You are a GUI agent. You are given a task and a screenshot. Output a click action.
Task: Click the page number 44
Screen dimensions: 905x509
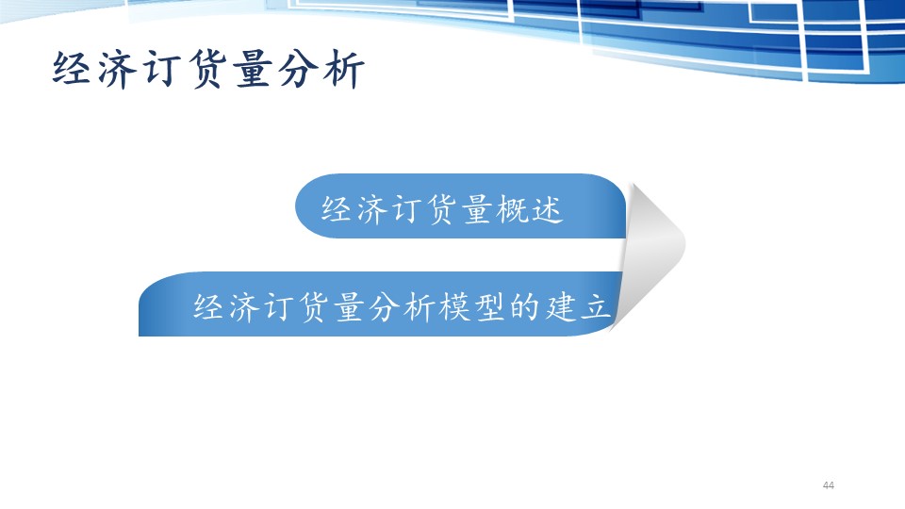(x=829, y=485)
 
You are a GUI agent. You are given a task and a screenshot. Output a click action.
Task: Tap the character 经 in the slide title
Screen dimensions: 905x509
(x=72, y=69)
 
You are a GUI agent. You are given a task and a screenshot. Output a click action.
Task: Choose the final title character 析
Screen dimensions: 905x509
(x=344, y=69)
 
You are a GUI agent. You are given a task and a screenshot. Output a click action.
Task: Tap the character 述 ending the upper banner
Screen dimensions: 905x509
(x=547, y=209)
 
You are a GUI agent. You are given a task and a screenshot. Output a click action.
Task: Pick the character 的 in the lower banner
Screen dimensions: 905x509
(x=525, y=306)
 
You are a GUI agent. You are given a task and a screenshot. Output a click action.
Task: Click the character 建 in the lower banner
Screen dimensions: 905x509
(x=560, y=306)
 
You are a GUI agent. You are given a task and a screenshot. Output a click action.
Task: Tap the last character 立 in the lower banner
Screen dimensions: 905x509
(x=596, y=306)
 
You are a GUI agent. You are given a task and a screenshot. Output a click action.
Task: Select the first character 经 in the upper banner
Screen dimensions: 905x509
(x=336, y=209)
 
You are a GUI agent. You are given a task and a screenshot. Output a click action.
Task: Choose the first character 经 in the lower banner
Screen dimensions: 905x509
(x=208, y=306)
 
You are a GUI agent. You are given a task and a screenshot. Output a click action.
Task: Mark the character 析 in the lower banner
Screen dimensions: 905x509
(x=420, y=306)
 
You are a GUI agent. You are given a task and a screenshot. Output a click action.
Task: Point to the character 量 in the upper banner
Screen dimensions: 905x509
(x=477, y=209)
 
